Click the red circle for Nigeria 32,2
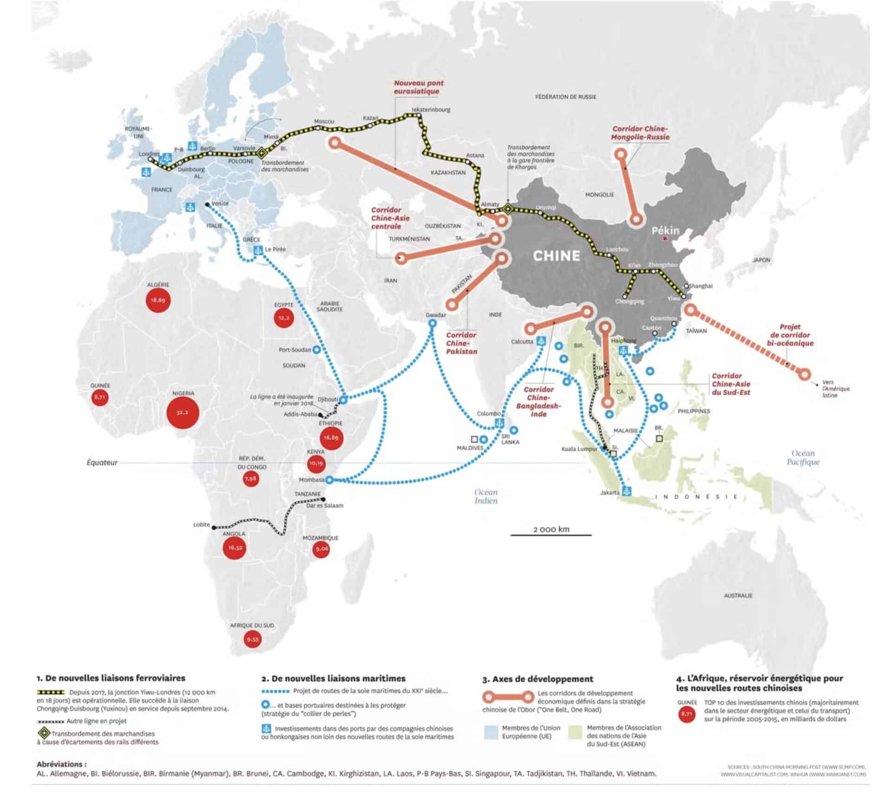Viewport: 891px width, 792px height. pyautogui.click(x=182, y=412)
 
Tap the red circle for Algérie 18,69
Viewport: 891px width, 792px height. pyautogui.click(x=158, y=300)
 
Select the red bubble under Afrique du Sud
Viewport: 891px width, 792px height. pyautogui.click(x=253, y=639)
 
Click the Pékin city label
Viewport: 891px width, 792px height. pyautogui.click(x=665, y=231)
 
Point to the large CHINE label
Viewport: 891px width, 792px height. pyautogui.click(x=556, y=255)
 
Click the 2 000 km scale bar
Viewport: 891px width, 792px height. pyautogui.click(x=551, y=535)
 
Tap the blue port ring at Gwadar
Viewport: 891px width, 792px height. pyautogui.click(x=433, y=324)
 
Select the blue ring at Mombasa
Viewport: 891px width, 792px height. pyautogui.click(x=329, y=480)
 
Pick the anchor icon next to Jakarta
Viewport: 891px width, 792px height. pyautogui.click(x=627, y=491)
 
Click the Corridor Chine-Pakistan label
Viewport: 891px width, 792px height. pyautogui.click(x=461, y=343)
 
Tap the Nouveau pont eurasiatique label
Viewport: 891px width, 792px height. pyautogui.click(x=419, y=87)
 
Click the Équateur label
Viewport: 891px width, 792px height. pyautogui.click(x=102, y=462)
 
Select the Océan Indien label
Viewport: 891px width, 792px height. pyautogui.click(x=486, y=497)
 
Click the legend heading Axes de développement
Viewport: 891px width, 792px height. pyautogui.click(x=537, y=679)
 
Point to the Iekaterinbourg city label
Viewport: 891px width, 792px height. pyautogui.click(x=431, y=110)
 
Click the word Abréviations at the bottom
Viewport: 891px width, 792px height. pyautogui.click(x=62, y=764)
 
